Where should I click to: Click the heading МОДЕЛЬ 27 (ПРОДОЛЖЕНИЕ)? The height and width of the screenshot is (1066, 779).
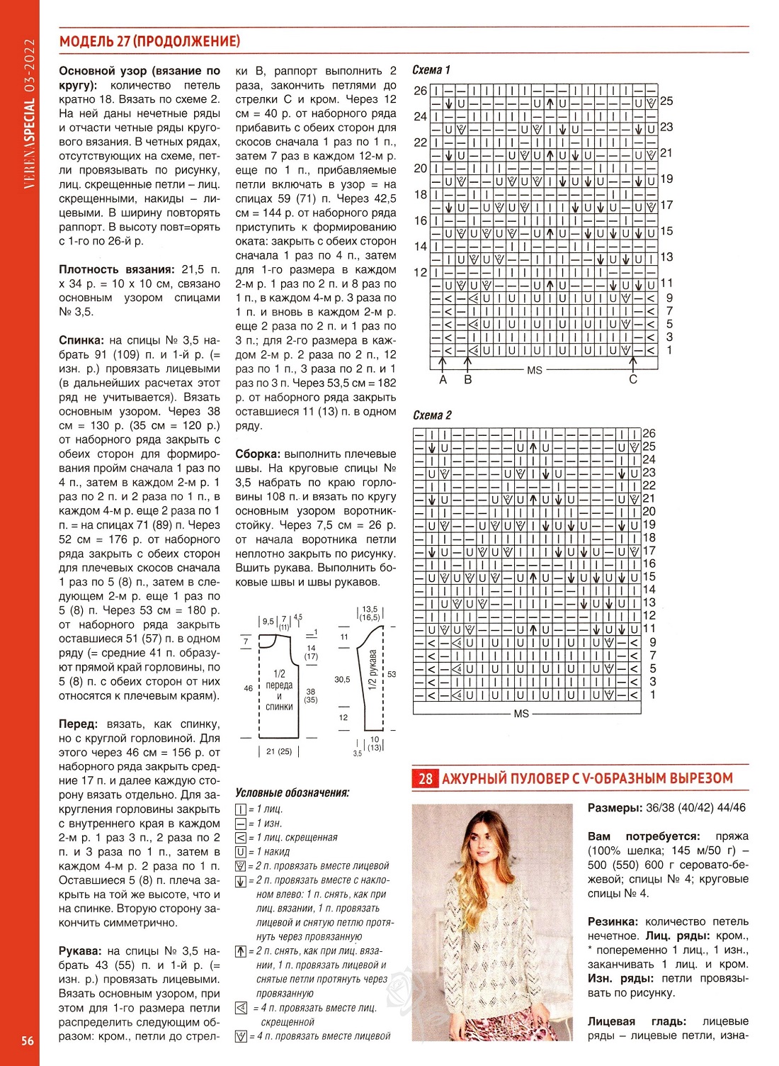click(x=149, y=41)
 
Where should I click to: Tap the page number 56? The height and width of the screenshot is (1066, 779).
click(x=28, y=1040)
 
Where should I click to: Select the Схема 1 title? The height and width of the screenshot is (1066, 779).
click(x=431, y=69)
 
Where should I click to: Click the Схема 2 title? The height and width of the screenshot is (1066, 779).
click(x=431, y=415)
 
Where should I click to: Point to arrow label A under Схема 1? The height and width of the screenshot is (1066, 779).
click(x=443, y=380)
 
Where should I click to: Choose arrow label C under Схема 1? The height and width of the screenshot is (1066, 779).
click(x=633, y=380)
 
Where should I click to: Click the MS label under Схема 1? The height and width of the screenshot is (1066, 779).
click(x=535, y=371)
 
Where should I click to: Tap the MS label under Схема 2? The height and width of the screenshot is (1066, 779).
click(x=521, y=714)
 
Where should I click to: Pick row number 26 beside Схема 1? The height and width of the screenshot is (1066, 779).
click(x=421, y=91)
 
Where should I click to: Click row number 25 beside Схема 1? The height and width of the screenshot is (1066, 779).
click(x=666, y=101)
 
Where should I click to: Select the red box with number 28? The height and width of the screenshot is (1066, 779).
click(x=425, y=779)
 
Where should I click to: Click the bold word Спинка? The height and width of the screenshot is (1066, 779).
click(x=81, y=340)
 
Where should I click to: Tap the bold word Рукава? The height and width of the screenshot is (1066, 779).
click(x=81, y=951)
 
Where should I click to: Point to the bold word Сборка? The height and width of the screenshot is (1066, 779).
click(x=258, y=454)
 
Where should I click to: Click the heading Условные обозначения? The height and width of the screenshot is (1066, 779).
click(x=292, y=792)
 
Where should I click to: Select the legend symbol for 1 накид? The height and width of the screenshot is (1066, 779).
click(x=241, y=852)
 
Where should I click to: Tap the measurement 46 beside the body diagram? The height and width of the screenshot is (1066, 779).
click(x=249, y=688)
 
